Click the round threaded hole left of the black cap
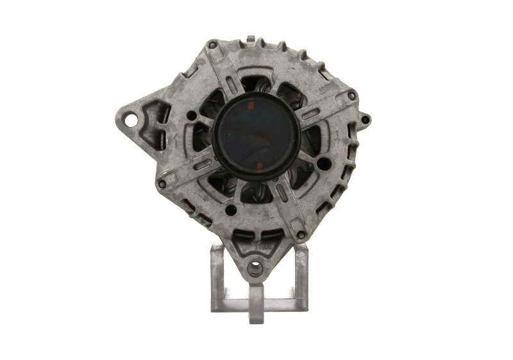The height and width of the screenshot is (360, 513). click(190, 116)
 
